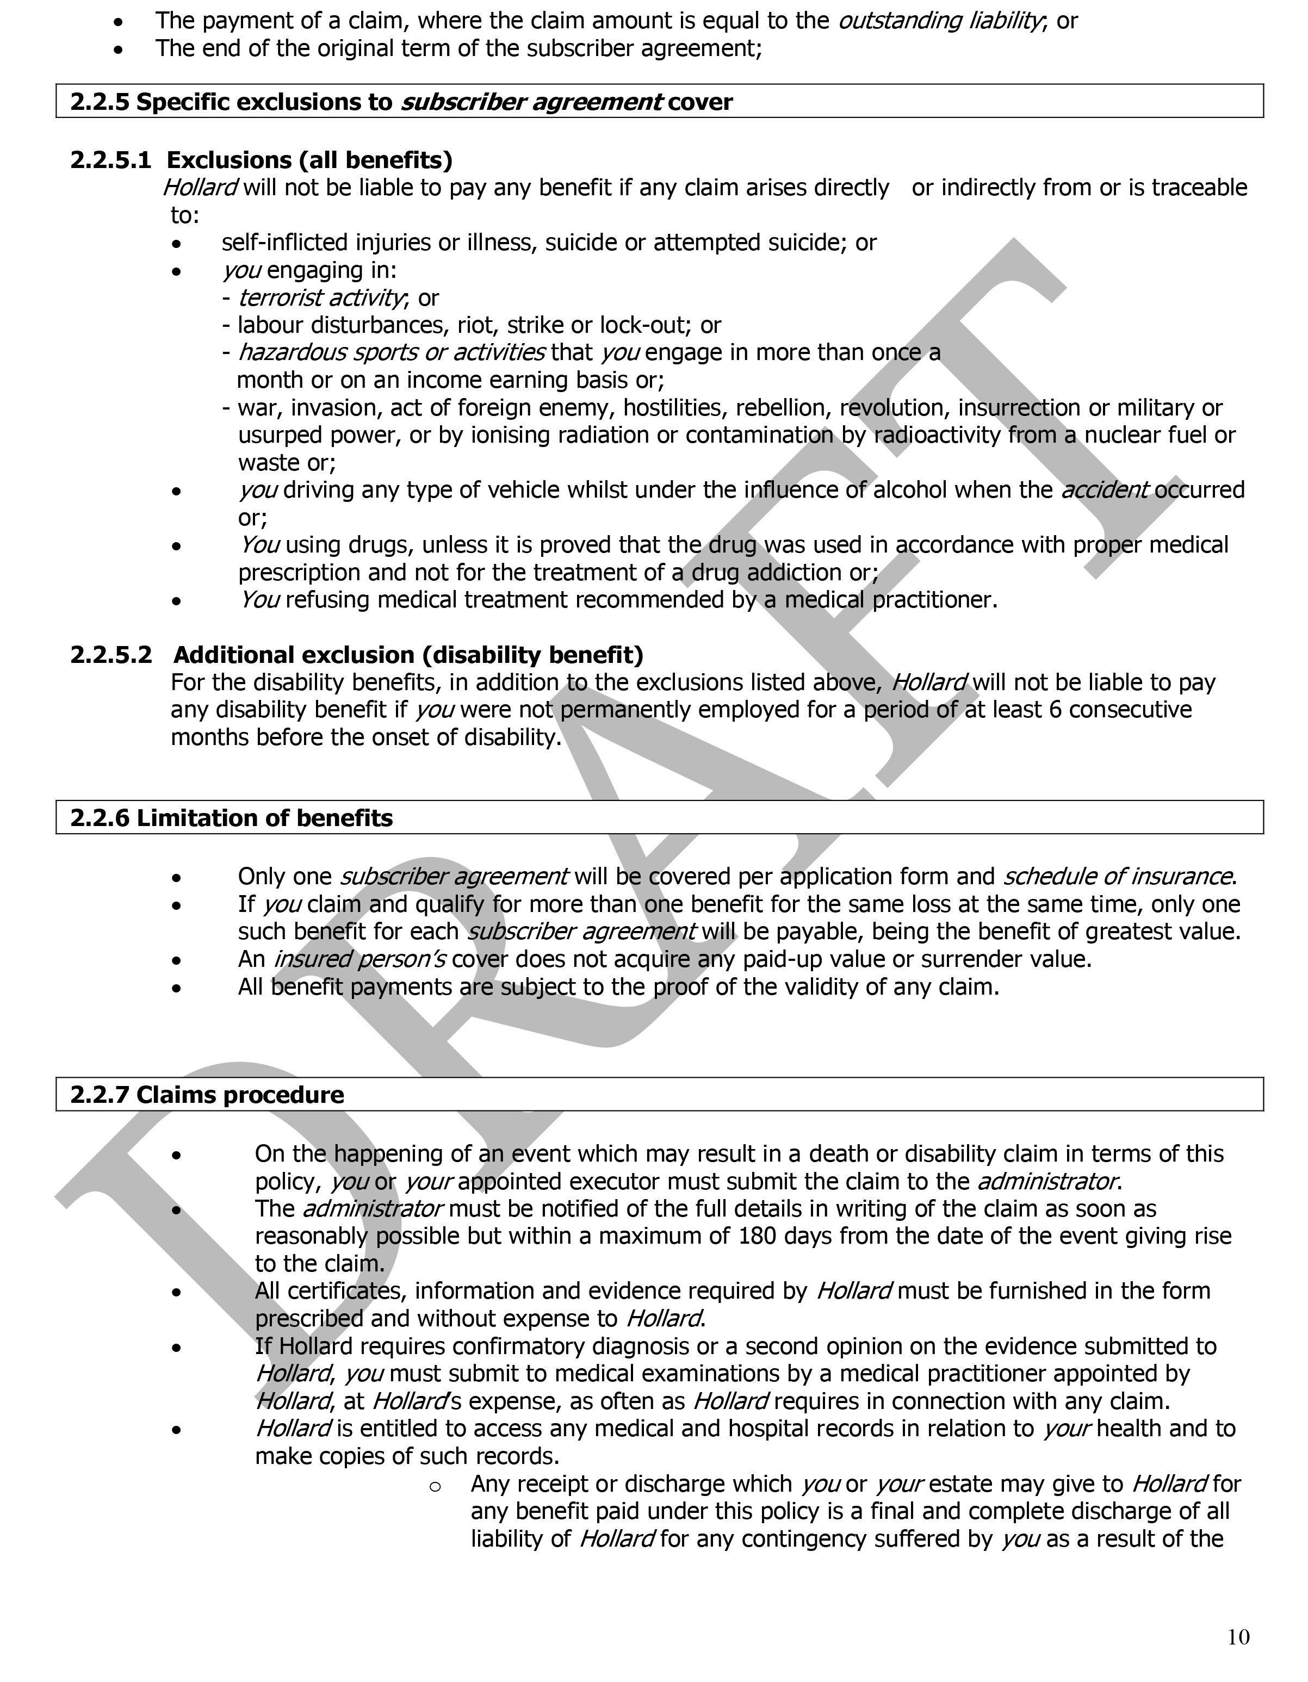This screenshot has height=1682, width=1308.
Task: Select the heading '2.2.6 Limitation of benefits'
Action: pos(231,818)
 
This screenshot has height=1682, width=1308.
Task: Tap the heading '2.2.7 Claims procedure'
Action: pos(207,1094)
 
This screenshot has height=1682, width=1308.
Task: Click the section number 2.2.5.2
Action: pos(111,655)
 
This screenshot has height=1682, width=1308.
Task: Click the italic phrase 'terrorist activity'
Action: pos(320,297)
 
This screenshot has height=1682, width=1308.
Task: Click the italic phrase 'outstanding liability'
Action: pos(940,21)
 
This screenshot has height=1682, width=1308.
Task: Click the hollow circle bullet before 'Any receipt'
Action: pos(435,1486)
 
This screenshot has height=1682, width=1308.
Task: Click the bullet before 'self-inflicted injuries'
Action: pos(177,244)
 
